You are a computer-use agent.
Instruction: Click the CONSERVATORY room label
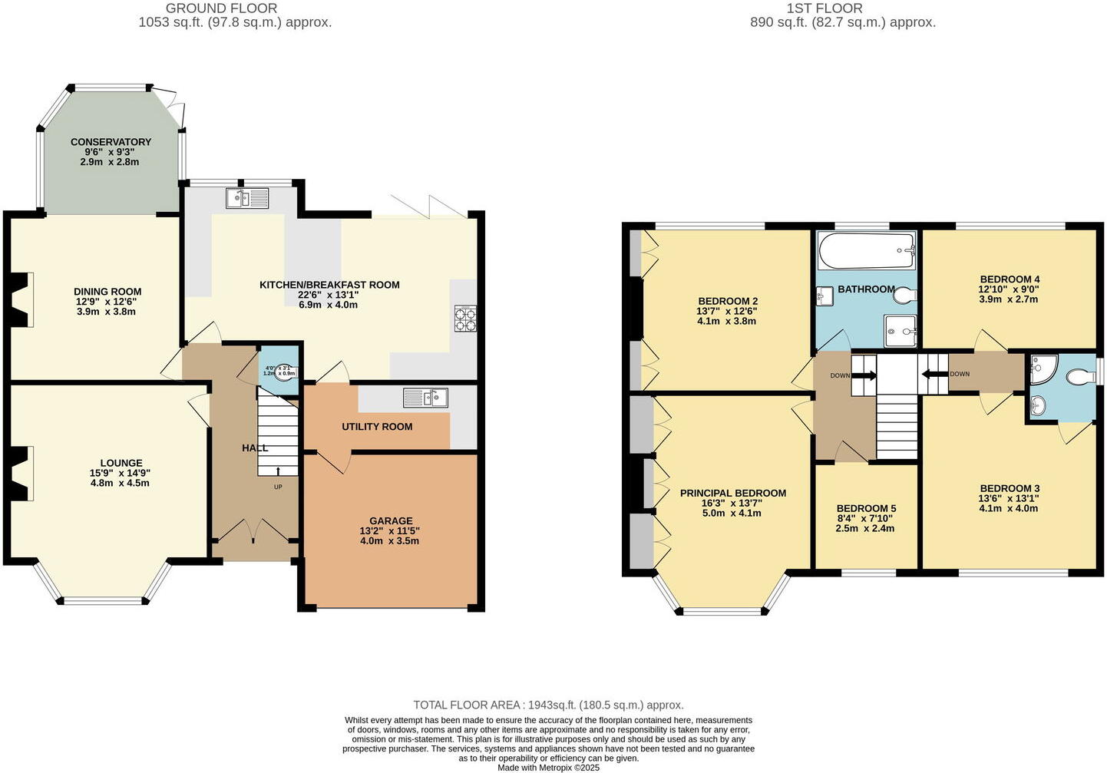pos(111,142)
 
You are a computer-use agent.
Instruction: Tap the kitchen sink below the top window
pos(247,199)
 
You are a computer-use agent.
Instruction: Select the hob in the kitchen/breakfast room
pos(464,319)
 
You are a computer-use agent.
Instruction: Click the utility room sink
pos(425,398)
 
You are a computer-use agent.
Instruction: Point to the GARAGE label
pos(391,520)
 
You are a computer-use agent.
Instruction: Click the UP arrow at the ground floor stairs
pos(277,471)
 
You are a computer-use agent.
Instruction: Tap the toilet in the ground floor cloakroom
pos(285,372)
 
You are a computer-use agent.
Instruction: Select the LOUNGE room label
pos(121,463)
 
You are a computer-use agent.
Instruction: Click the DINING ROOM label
pos(107,292)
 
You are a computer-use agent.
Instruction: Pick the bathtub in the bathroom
pos(867,250)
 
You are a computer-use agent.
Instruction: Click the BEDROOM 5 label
pos(866,508)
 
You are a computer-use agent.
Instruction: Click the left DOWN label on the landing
pos(840,375)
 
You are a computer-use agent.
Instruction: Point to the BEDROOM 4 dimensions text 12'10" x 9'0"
pos(1010,289)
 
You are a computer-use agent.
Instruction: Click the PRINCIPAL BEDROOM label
pos(732,493)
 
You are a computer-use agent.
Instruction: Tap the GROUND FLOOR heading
pos(221,8)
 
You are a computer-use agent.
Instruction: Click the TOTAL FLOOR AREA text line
pos(548,705)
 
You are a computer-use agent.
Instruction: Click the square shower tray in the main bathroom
pos(900,331)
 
